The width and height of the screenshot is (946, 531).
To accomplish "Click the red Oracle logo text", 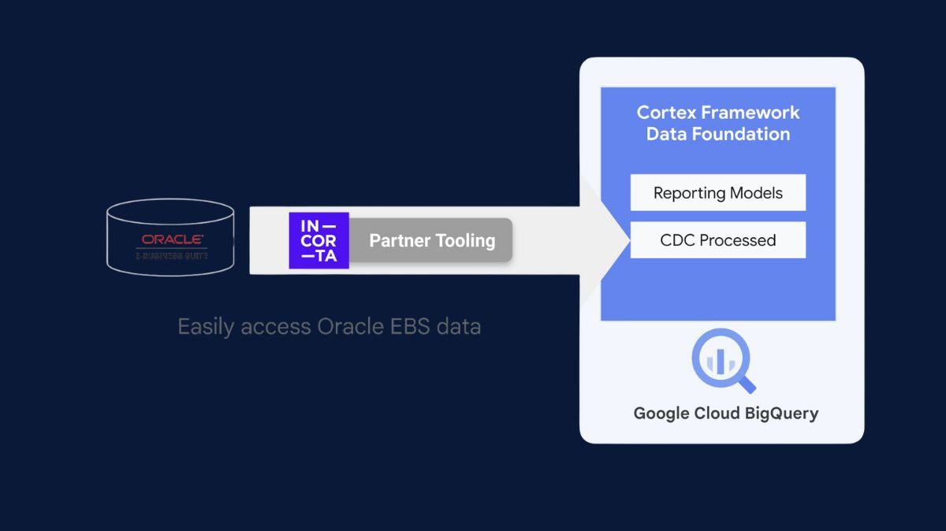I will click(x=173, y=239).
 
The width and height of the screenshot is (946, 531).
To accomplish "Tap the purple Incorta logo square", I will click(x=318, y=240).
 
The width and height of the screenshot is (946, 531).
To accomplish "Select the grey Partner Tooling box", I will click(x=431, y=240).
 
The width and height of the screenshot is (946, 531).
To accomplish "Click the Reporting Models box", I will click(x=717, y=193).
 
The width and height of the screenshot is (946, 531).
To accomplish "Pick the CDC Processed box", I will click(x=717, y=240).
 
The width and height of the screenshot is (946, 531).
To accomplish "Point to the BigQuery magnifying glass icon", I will click(x=723, y=362).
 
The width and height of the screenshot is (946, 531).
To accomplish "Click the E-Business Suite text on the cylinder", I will click(x=172, y=255).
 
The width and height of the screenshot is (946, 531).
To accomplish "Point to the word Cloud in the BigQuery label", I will click(x=718, y=413).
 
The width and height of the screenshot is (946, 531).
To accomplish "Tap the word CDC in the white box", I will click(x=677, y=240).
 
